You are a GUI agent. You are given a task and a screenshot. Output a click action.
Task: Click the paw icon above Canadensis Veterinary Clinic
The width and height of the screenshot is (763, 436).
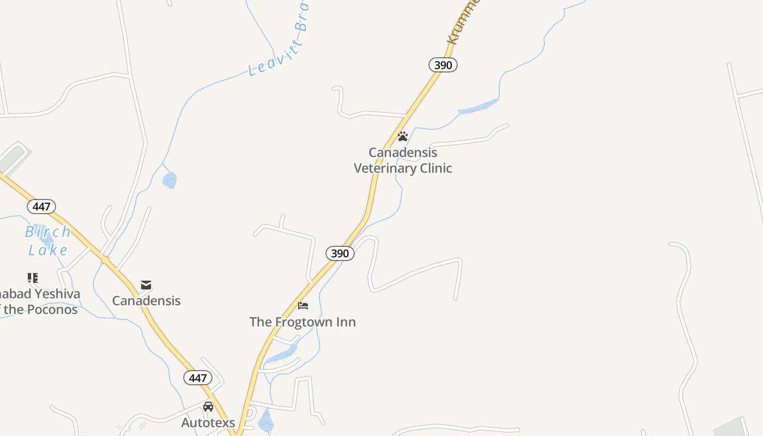(403, 136)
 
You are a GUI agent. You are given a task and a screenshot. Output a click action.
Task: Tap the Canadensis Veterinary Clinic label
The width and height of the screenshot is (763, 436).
(403, 160)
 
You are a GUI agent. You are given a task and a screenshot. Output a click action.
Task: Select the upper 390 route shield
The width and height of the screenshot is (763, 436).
(443, 65)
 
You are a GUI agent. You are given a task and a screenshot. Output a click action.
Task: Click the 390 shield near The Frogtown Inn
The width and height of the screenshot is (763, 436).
(340, 253)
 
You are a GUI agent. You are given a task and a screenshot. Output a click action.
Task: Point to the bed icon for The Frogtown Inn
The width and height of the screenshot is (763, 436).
(303, 306)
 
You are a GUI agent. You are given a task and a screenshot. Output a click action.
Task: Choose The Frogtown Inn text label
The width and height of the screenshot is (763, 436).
(302, 322)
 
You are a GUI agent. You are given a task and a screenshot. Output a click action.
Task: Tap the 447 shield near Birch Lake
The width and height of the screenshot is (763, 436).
(41, 207)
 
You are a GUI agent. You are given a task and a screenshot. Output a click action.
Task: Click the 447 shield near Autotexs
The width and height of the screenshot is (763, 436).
(197, 378)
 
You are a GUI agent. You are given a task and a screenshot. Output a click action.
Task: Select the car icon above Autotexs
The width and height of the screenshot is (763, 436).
(208, 407)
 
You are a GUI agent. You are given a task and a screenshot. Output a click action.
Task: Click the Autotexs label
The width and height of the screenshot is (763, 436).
(208, 422)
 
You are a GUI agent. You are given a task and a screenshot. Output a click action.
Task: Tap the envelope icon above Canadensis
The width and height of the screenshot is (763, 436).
(146, 285)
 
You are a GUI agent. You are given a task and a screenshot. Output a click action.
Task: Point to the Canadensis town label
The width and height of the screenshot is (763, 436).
(146, 301)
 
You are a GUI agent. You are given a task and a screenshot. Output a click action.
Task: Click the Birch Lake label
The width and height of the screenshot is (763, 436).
(48, 240)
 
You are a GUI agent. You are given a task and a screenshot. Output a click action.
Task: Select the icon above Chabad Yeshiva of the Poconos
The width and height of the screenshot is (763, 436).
(33, 278)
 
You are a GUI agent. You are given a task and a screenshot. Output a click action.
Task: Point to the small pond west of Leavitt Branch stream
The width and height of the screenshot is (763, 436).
(169, 180)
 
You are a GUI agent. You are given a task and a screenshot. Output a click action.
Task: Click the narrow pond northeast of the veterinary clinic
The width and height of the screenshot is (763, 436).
(478, 107)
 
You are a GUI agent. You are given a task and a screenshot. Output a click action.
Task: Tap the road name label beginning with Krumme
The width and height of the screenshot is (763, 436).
(463, 22)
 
